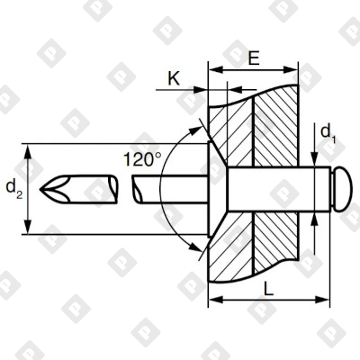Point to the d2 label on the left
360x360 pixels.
[13, 187]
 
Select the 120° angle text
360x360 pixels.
[142, 159]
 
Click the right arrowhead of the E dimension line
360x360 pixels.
[293, 67]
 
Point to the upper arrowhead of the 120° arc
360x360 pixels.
[191, 131]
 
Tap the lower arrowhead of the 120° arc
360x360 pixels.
[191, 244]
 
